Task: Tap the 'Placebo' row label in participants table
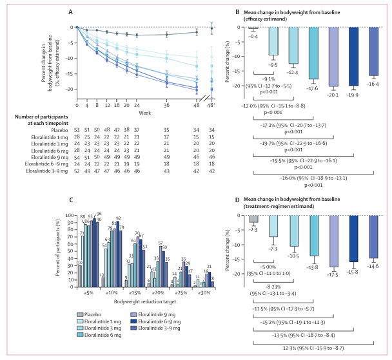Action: click(x=59, y=129)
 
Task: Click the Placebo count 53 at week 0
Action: click(x=77, y=129)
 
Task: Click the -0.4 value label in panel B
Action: click(x=253, y=37)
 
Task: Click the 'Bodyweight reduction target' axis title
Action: click(x=141, y=300)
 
